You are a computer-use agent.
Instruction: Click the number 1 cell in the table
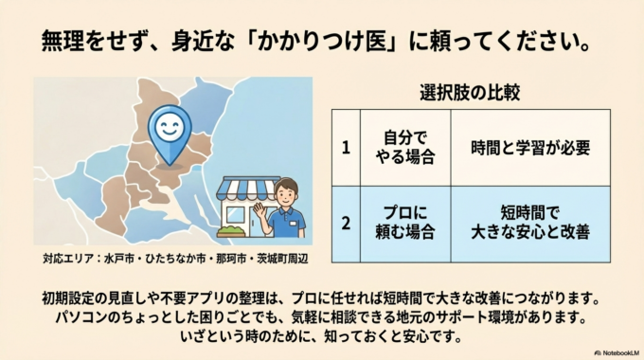coord(346,148)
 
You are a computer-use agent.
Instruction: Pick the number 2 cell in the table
coord(346,224)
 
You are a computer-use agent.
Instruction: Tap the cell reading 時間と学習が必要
coord(529,148)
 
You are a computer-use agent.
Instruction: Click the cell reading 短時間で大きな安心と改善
coord(529,224)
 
